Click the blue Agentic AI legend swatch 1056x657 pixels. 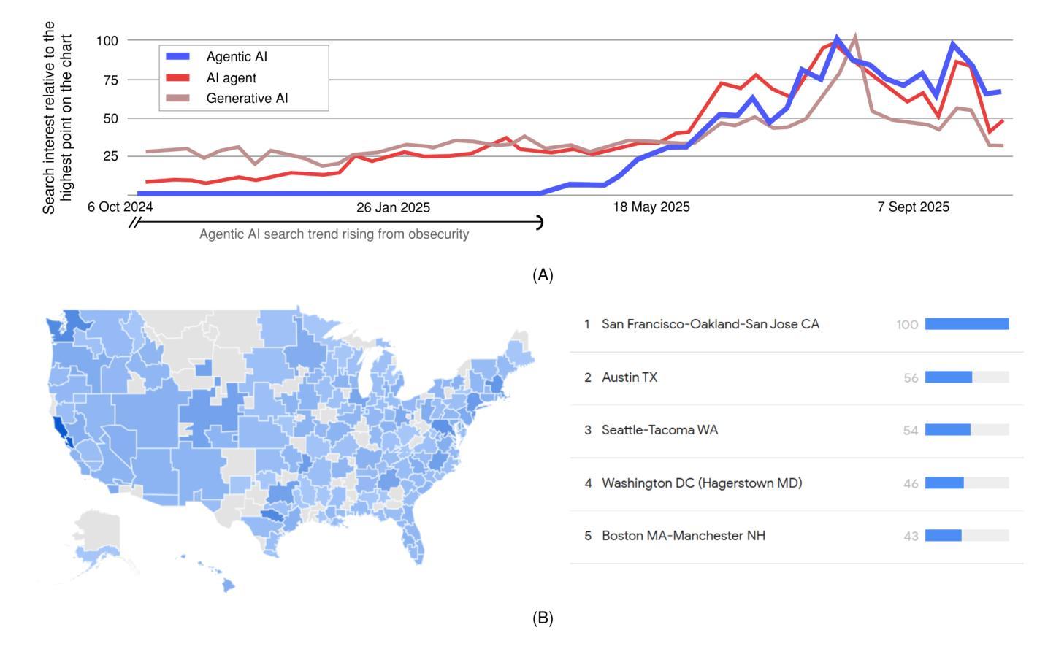pyautogui.click(x=177, y=56)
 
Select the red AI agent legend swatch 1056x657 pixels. pyautogui.click(x=177, y=77)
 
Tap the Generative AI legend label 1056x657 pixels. pyautogui.click(x=247, y=98)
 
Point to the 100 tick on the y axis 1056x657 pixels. pyautogui.click(x=107, y=40)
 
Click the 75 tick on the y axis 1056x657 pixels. pyautogui.click(x=110, y=80)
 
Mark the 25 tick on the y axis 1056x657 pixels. pyautogui.click(x=110, y=156)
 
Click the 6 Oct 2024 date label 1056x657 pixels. pyautogui.click(x=120, y=207)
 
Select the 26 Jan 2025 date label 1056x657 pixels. pyautogui.click(x=393, y=207)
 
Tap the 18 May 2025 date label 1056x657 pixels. pyautogui.click(x=651, y=207)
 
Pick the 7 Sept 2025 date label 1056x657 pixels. pyautogui.click(x=913, y=207)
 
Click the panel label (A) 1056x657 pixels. pyautogui.click(x=543, y=275)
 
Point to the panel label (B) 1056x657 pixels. pyautogui.click(x=543, y=618)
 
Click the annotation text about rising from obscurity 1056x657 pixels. pyautogui.click(x=334, y=234)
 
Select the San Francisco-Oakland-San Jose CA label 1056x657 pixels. pyautogui.click(x=710, y=324)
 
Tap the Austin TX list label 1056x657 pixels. pyautogui.click(x=629, y=377)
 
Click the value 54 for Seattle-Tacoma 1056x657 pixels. pyautogui.click(x=910, y=431)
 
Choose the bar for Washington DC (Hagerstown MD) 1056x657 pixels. pyautogui.click(x=944, y=483)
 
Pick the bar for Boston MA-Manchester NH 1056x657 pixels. pyautogui.click(x=943, y=536)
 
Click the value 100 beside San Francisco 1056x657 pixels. pyautogui.click(x=907, y=325)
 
